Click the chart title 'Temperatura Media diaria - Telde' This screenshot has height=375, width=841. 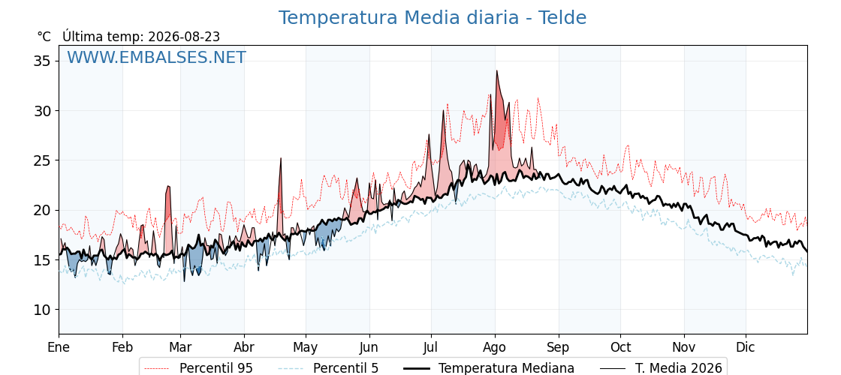433,18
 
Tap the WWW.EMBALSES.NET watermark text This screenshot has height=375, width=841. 156,57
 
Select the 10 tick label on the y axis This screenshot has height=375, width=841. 42,310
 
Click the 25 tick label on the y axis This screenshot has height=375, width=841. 42,160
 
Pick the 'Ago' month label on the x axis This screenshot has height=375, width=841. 495,347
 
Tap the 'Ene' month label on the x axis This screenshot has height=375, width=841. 59,347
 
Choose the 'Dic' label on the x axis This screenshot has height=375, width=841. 746,347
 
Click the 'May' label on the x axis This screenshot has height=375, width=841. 305,347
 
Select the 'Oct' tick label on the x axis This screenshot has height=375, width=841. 620,347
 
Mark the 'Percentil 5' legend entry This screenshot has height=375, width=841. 329,368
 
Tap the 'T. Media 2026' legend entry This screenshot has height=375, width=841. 662,368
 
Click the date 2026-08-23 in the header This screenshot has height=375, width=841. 184,37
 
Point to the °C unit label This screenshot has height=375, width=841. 44,37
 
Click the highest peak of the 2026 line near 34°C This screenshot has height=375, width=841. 496,70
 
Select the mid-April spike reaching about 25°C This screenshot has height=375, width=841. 280,158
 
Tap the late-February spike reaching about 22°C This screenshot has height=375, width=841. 168,187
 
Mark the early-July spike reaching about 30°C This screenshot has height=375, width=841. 444,110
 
